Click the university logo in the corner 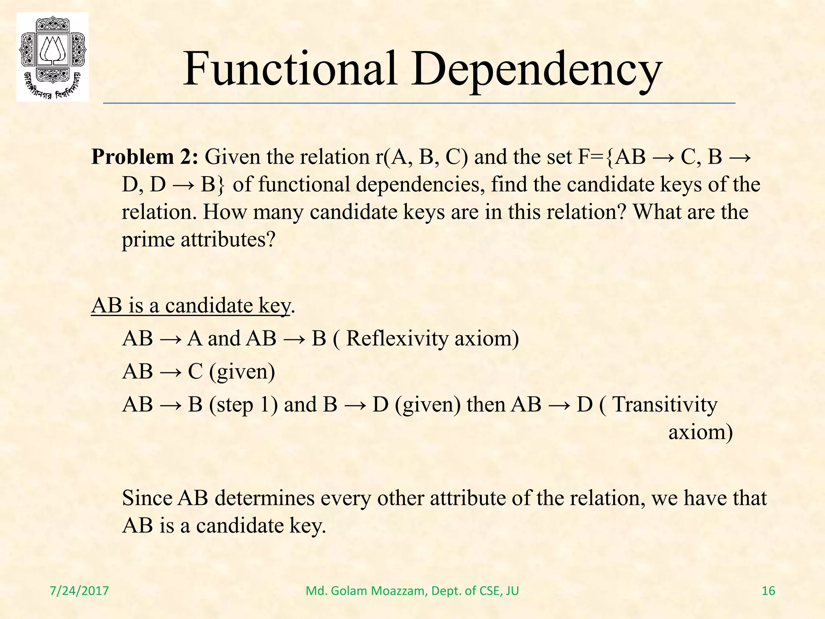point(52,56)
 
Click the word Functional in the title point(290,69)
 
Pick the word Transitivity point(665,404)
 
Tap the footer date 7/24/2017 point(79,591)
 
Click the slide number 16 point(769,591)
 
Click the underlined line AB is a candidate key point(191,305)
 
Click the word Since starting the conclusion point(147,498)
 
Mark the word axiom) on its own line point(700,432)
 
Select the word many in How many point(278,212)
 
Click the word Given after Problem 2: point(232,157)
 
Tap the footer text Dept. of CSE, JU point(475,591)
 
